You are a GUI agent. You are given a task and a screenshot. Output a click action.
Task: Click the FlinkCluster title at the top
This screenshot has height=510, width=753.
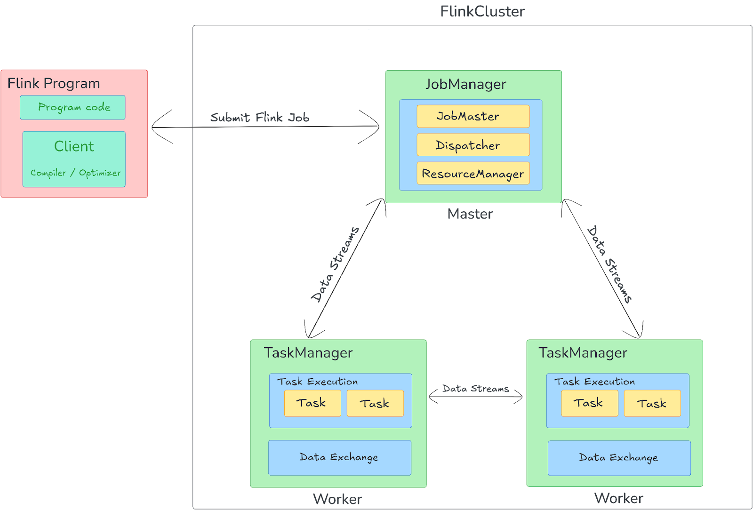point(482,11)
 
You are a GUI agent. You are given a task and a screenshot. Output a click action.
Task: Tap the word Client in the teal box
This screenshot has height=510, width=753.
point(74,146)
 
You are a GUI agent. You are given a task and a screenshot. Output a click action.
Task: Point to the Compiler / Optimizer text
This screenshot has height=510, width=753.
point(75,173)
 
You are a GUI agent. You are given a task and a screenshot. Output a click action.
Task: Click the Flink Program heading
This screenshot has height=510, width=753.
point(54,83)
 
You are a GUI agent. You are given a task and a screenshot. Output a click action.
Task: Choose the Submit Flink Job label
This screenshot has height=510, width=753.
point(259,118)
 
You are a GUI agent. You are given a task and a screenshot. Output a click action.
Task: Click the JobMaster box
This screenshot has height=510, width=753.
point(473,116)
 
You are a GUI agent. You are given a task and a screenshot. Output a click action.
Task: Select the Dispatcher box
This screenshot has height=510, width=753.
point(473,145)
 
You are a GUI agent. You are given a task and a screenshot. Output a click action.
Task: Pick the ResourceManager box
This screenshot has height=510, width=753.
point(473,174)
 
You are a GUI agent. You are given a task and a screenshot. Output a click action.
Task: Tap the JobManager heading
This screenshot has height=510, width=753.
point(466,84)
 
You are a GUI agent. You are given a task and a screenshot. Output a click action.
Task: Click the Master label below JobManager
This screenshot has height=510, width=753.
point(470,214)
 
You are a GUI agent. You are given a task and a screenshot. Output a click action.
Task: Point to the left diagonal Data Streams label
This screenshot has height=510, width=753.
point(335,264)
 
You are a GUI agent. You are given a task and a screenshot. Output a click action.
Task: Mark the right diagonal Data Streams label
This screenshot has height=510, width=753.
point(609,264)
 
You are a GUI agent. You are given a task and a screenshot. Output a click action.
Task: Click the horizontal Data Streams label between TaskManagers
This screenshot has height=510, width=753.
point(475,389)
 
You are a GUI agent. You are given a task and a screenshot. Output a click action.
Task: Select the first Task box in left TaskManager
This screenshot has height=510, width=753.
point(312,403)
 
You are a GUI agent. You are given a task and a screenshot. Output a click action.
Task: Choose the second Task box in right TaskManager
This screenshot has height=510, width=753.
point(652,403)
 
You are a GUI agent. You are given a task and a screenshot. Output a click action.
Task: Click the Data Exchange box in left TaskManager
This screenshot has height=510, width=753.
point(339,457)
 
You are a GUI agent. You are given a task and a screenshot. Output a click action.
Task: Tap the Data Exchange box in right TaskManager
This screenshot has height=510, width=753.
point(619,458)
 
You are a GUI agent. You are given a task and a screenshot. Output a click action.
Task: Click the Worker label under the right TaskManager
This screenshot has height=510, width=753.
point(618,498)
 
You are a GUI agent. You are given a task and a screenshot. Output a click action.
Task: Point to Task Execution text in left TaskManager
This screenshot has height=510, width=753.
point(317,382)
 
